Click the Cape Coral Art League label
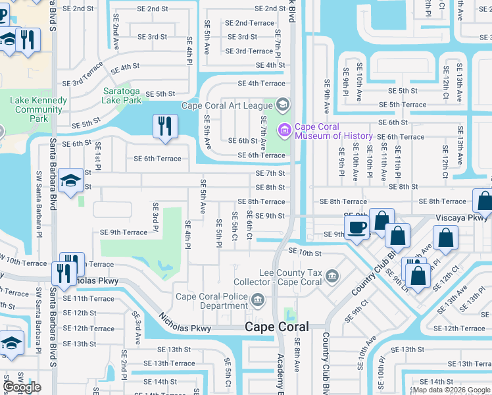[226, 105]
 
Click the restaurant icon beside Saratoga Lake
[165, 126]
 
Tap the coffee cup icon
[357, 228]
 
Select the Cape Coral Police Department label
[215, 301]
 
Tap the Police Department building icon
[258, 302]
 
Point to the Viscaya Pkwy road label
[463, 217]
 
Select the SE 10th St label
[305, 253]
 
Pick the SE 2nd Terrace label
[249, 23]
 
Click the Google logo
[22, 387]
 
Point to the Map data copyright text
[451, 389]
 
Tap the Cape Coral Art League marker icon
[283, 105]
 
